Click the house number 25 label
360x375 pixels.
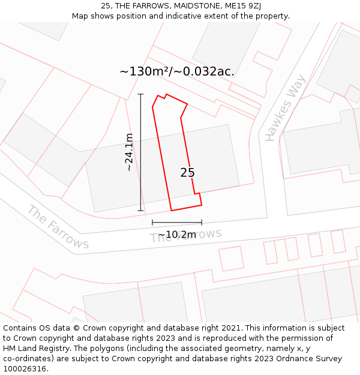click(x=187, y=173)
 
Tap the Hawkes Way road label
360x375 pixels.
click(x=286, y=108)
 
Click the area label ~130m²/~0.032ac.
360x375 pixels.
click(x=177, y=72)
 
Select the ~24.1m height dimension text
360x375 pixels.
click(x=129, y=152)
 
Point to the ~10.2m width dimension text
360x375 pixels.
click(x=177, y=235)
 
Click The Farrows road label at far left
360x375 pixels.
click(x=58, y=227)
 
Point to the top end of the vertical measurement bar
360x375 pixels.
click(x=141, y=94)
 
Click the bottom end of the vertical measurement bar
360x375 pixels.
click(x=141, y=211)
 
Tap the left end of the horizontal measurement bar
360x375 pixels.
click(x=152, y=223)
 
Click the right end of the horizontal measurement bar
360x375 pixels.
click(x=202, y=223)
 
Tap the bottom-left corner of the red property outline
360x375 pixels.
click(x=172, y=211)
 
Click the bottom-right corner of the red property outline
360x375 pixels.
click(x=202, y=205)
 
